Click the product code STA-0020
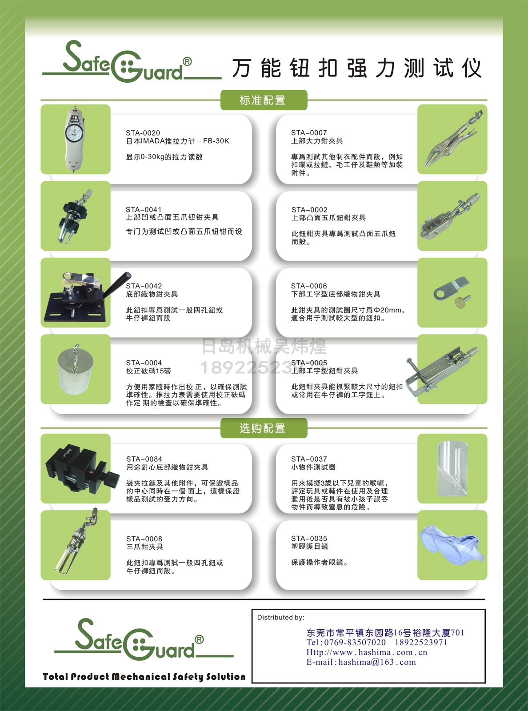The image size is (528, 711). [x=143, y=133]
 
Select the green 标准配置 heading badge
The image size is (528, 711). [x=264, y=100]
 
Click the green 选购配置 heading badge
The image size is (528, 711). [x=264, y=428]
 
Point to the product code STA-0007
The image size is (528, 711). [x=309, y=133]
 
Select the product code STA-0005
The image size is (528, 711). [x=309, y=363]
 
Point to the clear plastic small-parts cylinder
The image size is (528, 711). [x=453, y=468]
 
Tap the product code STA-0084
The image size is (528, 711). [x=144, y=459]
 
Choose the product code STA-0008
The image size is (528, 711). [x=144, y=539]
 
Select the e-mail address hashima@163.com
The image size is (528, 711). [x=377, y=662]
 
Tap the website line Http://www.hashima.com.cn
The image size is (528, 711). [x=367, y=652]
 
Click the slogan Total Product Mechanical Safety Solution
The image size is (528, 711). [x=144, y=676]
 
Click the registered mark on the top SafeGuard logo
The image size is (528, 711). [x=187, y=61]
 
